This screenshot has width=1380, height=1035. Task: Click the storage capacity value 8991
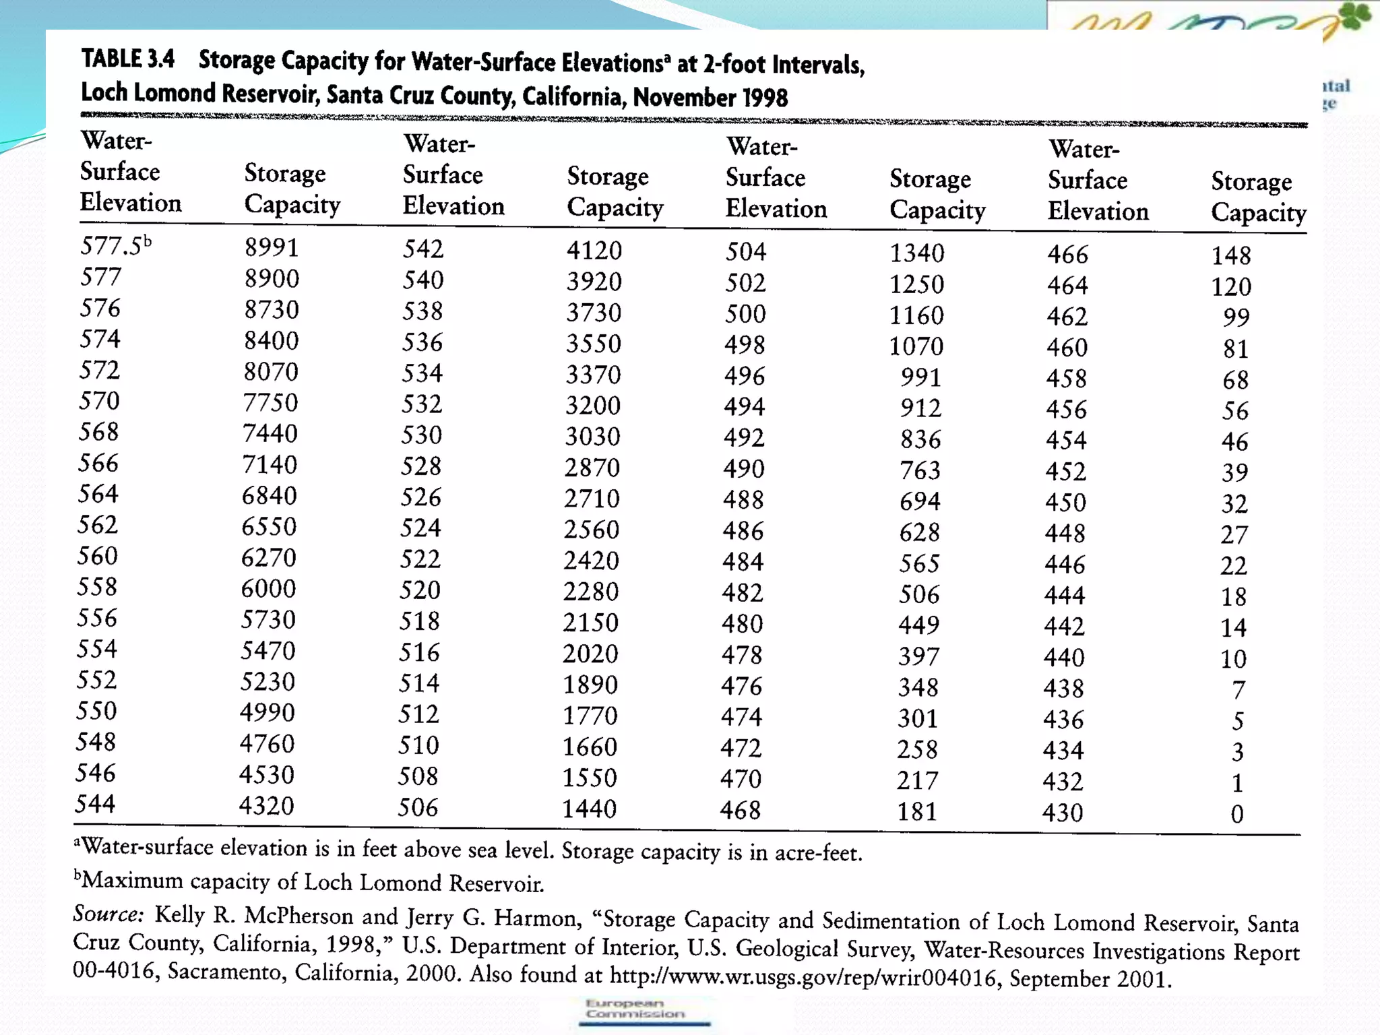(271, 247)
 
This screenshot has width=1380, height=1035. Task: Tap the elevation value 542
(423, 249)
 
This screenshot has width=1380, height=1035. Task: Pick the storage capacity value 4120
(594, 251)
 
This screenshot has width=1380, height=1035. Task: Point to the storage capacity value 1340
(916, 253)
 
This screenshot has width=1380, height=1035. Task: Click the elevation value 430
(1063, 813)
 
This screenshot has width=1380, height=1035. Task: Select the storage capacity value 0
(1236, 815)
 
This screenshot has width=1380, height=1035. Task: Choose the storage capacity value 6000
(268, 589)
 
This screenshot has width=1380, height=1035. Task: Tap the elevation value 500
(745, 314)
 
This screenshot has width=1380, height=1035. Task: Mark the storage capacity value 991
(920, 377)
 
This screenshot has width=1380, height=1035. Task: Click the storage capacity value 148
(1231, 255)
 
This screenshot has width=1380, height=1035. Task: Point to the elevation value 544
(95, 804)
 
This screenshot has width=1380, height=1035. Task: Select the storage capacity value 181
(917, 811)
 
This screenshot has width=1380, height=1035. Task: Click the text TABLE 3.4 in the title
(128, 59)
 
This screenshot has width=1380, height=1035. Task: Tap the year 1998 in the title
(763, 98)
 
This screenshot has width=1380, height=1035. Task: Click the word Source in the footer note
(108, 914)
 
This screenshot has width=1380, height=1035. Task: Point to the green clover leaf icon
(1355, 16)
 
